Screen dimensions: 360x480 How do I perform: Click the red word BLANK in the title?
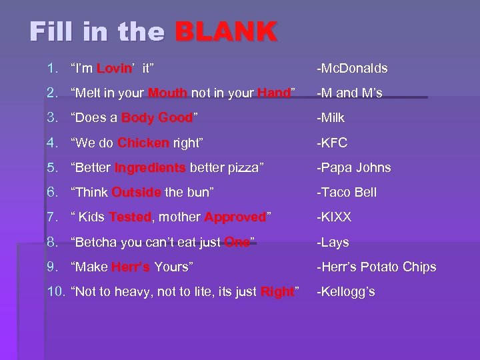(226, 31)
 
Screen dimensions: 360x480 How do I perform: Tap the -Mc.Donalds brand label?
(352, 68)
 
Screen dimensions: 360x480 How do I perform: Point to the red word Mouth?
(168, 93)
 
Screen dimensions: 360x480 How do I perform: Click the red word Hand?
(273, 93)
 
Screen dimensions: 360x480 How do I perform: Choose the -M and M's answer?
(349, 93)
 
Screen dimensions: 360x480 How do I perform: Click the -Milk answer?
(332, 118)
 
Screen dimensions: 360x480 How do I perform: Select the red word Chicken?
(143, 143)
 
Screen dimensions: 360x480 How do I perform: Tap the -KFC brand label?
(332, 143)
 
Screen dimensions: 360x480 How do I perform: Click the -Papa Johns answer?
(353, 167)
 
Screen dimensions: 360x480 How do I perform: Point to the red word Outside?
(136, 192)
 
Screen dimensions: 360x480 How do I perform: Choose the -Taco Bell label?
(347, 192)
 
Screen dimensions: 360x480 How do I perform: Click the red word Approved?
(235, 217)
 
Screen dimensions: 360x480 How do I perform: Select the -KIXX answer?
(334, 217)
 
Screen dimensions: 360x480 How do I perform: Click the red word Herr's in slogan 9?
(131, 267)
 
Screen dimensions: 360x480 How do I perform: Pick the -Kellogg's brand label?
(345, 291)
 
